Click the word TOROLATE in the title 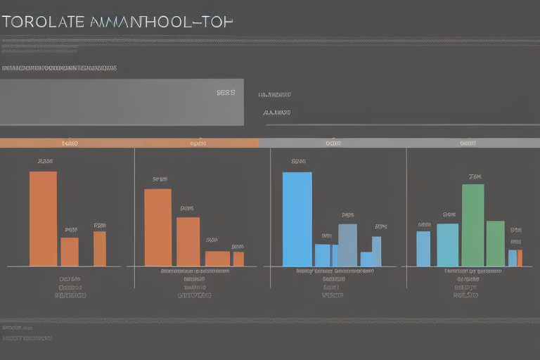42,22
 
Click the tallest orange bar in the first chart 43,219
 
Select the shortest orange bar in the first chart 70,252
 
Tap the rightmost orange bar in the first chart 100,249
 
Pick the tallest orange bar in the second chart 157,227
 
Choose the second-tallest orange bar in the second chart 188,241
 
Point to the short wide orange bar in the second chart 217,259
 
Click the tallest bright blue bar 297,219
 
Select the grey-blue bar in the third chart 347,245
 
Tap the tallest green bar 472,225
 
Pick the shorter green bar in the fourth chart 495,243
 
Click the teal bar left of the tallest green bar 447,245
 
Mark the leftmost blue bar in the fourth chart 423,249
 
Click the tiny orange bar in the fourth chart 520,258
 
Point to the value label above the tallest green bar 475,176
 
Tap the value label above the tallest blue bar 298,162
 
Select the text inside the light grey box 226,92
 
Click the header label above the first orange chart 70,143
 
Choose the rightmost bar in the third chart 377,251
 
